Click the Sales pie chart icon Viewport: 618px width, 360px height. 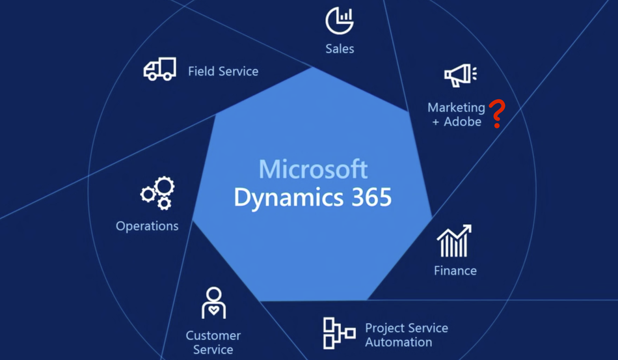coord(340,20)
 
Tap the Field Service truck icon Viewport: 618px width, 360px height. coord(159,69)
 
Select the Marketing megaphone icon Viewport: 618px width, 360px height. coord(461,76)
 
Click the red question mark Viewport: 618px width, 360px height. coord(497,113)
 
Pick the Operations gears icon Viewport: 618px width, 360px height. coord(157,193)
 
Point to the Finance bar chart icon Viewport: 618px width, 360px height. coord(455,241)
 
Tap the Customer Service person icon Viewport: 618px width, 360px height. coord(213,303)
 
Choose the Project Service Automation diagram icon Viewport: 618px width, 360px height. coord(339,333)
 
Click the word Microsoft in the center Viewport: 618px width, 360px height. coord(313,169)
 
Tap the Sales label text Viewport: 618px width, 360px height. coord(340,49)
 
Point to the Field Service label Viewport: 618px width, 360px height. coord(223,72)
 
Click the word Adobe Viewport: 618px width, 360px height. coord(463,122)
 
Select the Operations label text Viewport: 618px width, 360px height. coord(147,226)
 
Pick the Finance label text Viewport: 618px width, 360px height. coord(455,271)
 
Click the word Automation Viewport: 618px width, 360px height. coord(399,342)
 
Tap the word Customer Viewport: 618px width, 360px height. coord(213,335)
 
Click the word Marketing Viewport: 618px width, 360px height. coord(457,107)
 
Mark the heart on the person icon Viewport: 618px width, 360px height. coord(213,310)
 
